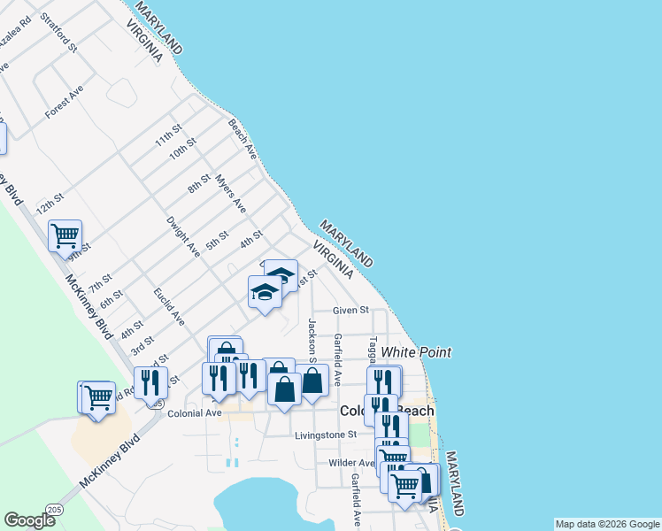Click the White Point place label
416,352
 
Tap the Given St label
350,311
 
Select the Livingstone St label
326,435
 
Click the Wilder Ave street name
351,463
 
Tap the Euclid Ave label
168,305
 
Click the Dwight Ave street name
183,236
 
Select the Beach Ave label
242,139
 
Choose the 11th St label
167,135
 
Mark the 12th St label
50,204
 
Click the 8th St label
199,183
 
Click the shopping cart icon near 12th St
65,235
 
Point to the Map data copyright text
607,524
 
